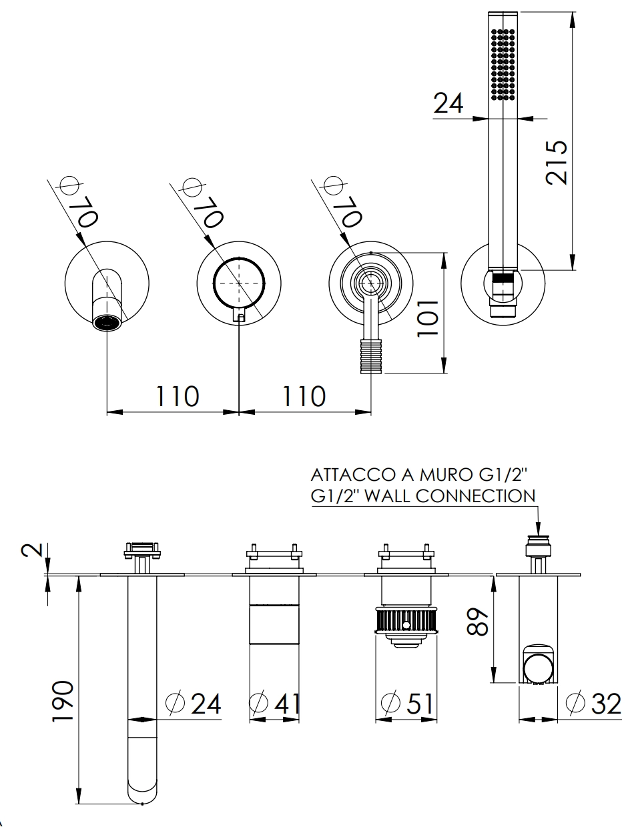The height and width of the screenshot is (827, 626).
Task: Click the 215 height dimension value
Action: [557, 162]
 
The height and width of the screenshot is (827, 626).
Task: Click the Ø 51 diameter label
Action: [407, 703]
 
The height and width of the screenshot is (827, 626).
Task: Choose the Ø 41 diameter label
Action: [275, 703]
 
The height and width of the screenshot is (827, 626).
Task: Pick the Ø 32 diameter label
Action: [593, 703]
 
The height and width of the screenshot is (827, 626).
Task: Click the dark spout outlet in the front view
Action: [107, 323]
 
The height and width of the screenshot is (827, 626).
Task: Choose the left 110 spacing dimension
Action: [178, 397]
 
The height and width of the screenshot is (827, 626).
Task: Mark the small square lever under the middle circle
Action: [240, 317]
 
